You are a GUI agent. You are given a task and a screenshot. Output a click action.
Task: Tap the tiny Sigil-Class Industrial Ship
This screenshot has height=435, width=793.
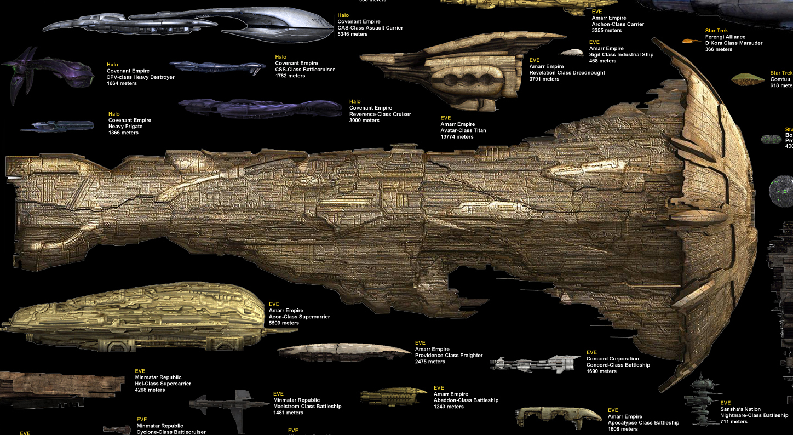(x=572, y=53)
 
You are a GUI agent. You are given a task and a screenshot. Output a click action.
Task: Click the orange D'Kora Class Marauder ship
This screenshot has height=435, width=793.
(x=691, y=41)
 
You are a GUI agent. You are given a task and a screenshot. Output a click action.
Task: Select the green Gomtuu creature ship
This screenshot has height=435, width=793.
(x=748, y=80)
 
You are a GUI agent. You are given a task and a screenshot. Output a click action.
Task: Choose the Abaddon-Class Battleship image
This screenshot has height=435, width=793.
(x=393, y=396)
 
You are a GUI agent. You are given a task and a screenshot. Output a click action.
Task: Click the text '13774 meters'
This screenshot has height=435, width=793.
(x=457, y=137)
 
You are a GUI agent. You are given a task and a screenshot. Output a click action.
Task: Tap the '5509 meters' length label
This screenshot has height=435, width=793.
(x=284, y=323)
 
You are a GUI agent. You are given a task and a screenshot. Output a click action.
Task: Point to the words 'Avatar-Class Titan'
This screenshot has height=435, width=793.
(x=463, y=130)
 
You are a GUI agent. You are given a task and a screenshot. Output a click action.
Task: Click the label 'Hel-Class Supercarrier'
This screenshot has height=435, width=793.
(x=163, y=384)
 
